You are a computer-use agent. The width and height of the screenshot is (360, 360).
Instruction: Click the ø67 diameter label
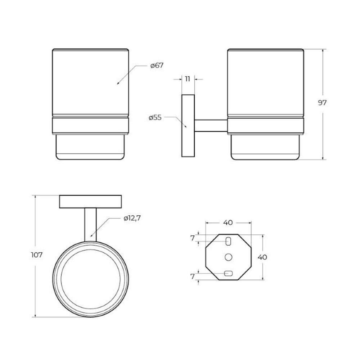click(x=157, y=66)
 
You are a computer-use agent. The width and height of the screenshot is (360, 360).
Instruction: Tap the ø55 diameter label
click(x=155, y=118)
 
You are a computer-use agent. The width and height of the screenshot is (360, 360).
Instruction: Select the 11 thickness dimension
click(x=188, y=79)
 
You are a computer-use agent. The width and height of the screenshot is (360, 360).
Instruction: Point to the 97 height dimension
click(x=322, y=103)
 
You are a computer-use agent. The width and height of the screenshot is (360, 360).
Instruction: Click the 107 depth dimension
click(x=37, y=255)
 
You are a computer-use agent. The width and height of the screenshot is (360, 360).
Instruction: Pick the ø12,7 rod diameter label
click(x=132, y=218)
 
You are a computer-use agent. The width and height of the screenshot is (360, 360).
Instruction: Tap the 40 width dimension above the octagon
click(x=228, y=222)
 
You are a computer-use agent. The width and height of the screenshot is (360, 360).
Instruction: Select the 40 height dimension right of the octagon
click(x=262, y=257)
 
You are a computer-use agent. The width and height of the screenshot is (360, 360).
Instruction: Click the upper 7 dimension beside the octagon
click(x=192, y=238)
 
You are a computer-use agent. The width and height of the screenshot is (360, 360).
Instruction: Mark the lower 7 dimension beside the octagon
click(x=192, y=276)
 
